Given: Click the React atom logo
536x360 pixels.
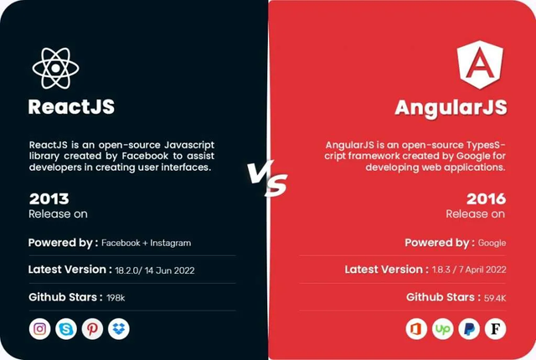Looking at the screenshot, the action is coord(56,68).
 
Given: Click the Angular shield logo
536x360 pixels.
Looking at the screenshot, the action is coord(480,64).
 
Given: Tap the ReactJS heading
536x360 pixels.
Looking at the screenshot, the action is coord(71,106).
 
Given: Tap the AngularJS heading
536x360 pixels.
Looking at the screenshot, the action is coord(451,108).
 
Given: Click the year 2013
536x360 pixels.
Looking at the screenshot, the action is coord(49,198).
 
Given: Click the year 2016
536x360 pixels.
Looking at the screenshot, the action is coord(486,198).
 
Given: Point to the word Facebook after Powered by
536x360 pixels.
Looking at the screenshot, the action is coord(121,243).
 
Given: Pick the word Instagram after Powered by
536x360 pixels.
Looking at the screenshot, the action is coord(171,243).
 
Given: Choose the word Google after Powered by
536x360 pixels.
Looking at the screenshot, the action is coord(492,243).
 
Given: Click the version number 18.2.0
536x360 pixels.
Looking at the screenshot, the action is coord(126,270).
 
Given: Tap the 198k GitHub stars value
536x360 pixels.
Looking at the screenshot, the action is coord(116,298).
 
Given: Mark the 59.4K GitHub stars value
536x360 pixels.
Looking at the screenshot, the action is coord(495,298).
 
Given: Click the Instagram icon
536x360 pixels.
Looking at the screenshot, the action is coord(39,329).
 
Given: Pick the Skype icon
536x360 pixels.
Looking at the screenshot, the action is coord(66,329).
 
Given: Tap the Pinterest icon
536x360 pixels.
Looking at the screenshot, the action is coord(92,329).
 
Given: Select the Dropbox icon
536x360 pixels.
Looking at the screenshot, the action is coord(119,329).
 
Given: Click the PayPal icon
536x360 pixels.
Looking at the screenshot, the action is coord(469,329).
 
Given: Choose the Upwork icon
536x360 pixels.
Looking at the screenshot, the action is coord(443,329).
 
